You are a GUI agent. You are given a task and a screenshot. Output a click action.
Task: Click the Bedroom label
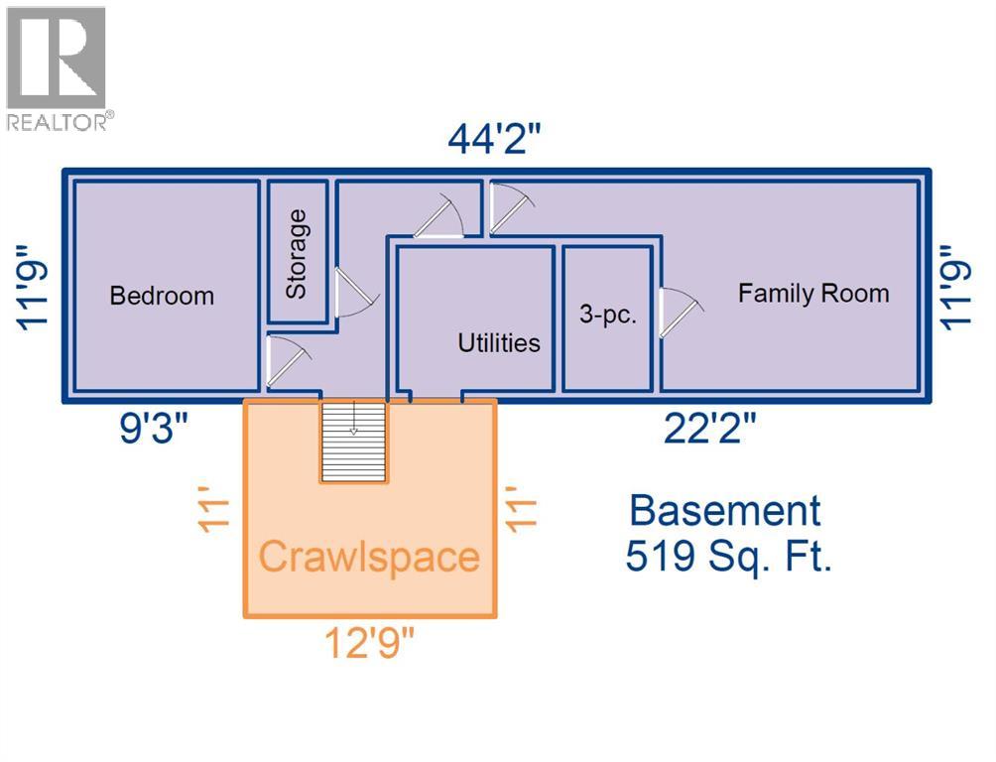162,296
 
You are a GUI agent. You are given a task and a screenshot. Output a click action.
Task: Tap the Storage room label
297,254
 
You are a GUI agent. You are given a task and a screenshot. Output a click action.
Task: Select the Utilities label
499,342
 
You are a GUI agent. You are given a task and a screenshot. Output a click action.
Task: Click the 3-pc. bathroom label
607,314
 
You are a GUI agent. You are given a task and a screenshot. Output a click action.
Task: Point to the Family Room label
813,293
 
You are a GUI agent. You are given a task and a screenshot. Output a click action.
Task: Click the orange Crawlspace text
369,557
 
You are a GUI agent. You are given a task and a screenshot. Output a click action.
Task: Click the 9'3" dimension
154,428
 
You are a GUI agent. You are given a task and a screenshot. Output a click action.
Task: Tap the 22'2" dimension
710,428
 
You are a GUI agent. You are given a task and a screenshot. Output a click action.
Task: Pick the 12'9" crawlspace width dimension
369,643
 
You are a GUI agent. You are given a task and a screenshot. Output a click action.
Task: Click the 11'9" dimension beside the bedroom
32,288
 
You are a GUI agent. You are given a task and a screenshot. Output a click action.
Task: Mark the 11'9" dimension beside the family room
955,288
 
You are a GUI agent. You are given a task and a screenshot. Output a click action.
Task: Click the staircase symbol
353,442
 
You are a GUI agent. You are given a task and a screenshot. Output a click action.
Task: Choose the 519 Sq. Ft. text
728,556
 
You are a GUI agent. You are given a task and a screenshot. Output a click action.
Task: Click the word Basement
725,510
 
